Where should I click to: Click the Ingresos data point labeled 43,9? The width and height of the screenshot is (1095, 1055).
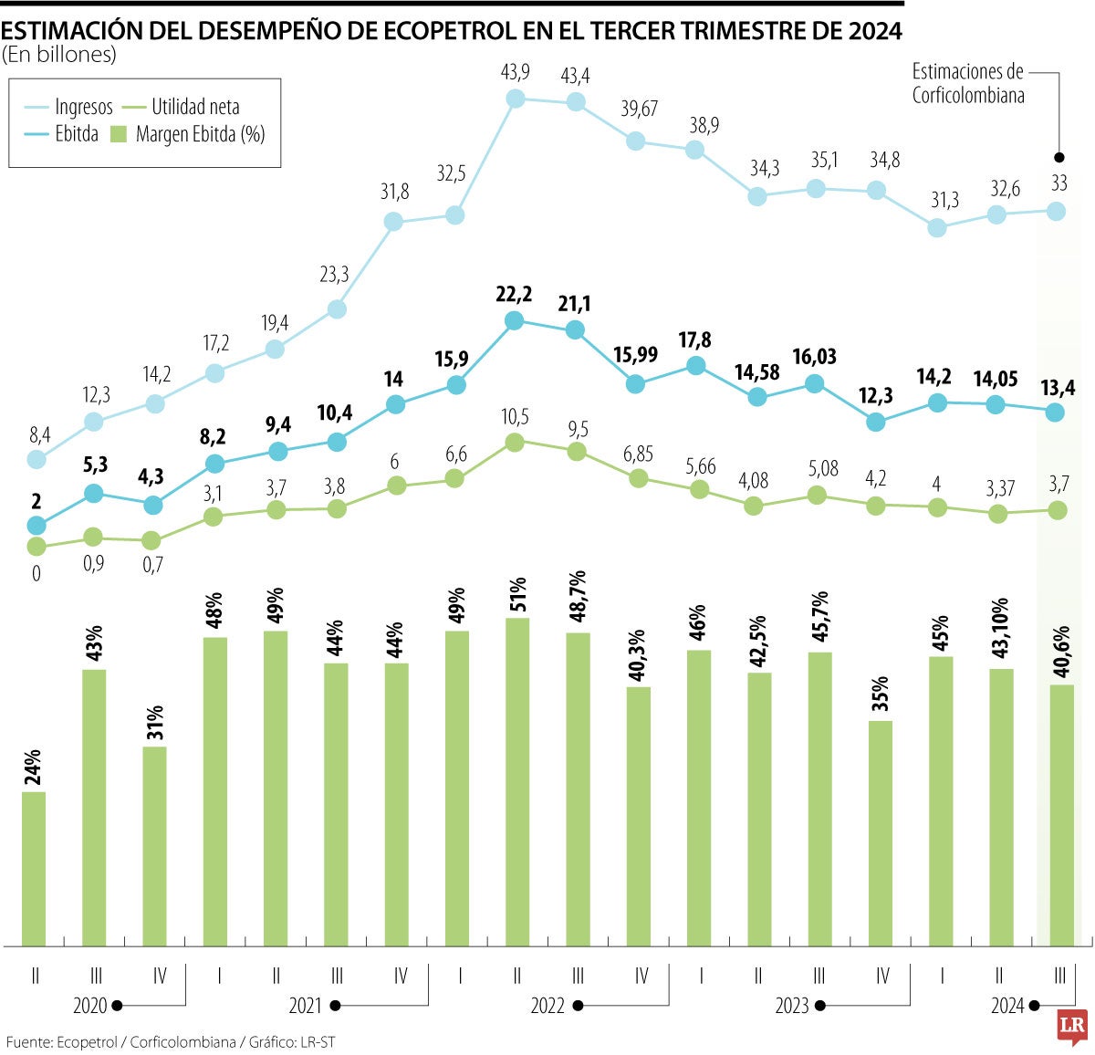(515, 99)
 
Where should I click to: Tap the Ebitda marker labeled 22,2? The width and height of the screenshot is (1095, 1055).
(514, 320)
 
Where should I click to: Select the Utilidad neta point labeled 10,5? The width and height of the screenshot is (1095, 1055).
(515, 443)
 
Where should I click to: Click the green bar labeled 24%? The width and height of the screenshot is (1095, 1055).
(35, 868)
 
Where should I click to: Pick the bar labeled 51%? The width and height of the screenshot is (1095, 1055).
(517, 781)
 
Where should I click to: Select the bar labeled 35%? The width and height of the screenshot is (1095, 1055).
(881, 832)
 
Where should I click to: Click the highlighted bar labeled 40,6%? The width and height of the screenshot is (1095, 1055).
(1062, 814)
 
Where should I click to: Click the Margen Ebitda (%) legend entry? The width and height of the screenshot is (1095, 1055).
(187, 135)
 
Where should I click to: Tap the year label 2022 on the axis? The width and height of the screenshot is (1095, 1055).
(547, 1006)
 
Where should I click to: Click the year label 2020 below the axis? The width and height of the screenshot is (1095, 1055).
(90, 1006)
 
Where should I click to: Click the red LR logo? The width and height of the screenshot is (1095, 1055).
(1070, 1028)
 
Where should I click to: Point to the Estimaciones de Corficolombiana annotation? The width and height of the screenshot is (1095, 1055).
(967, 83)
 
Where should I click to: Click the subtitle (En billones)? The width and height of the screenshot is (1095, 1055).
(59, 55)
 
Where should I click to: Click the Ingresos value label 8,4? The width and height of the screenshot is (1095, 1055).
(39, 434)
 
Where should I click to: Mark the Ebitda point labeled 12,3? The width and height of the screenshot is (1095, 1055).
(877, 422)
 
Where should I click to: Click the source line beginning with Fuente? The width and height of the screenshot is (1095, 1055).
(171, 1041)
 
